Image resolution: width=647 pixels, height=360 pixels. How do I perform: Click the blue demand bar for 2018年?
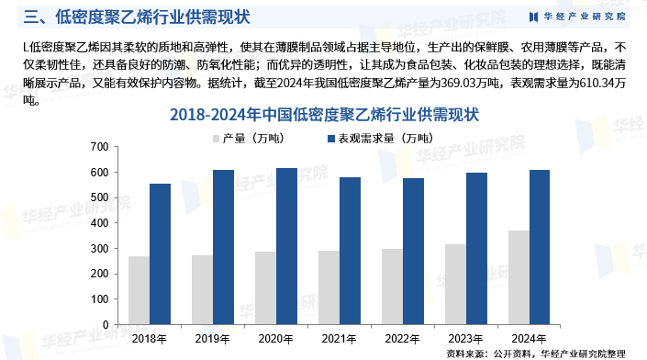pyautogui.click(x=161, y=253)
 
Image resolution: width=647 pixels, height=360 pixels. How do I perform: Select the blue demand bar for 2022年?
pyautogui.click(x=414, y=251)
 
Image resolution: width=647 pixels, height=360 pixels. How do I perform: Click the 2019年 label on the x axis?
pyautogui.click(x=212, y=338)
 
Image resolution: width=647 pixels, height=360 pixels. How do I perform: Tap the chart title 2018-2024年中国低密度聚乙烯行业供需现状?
pyautogui.click(x=324, y=115)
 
